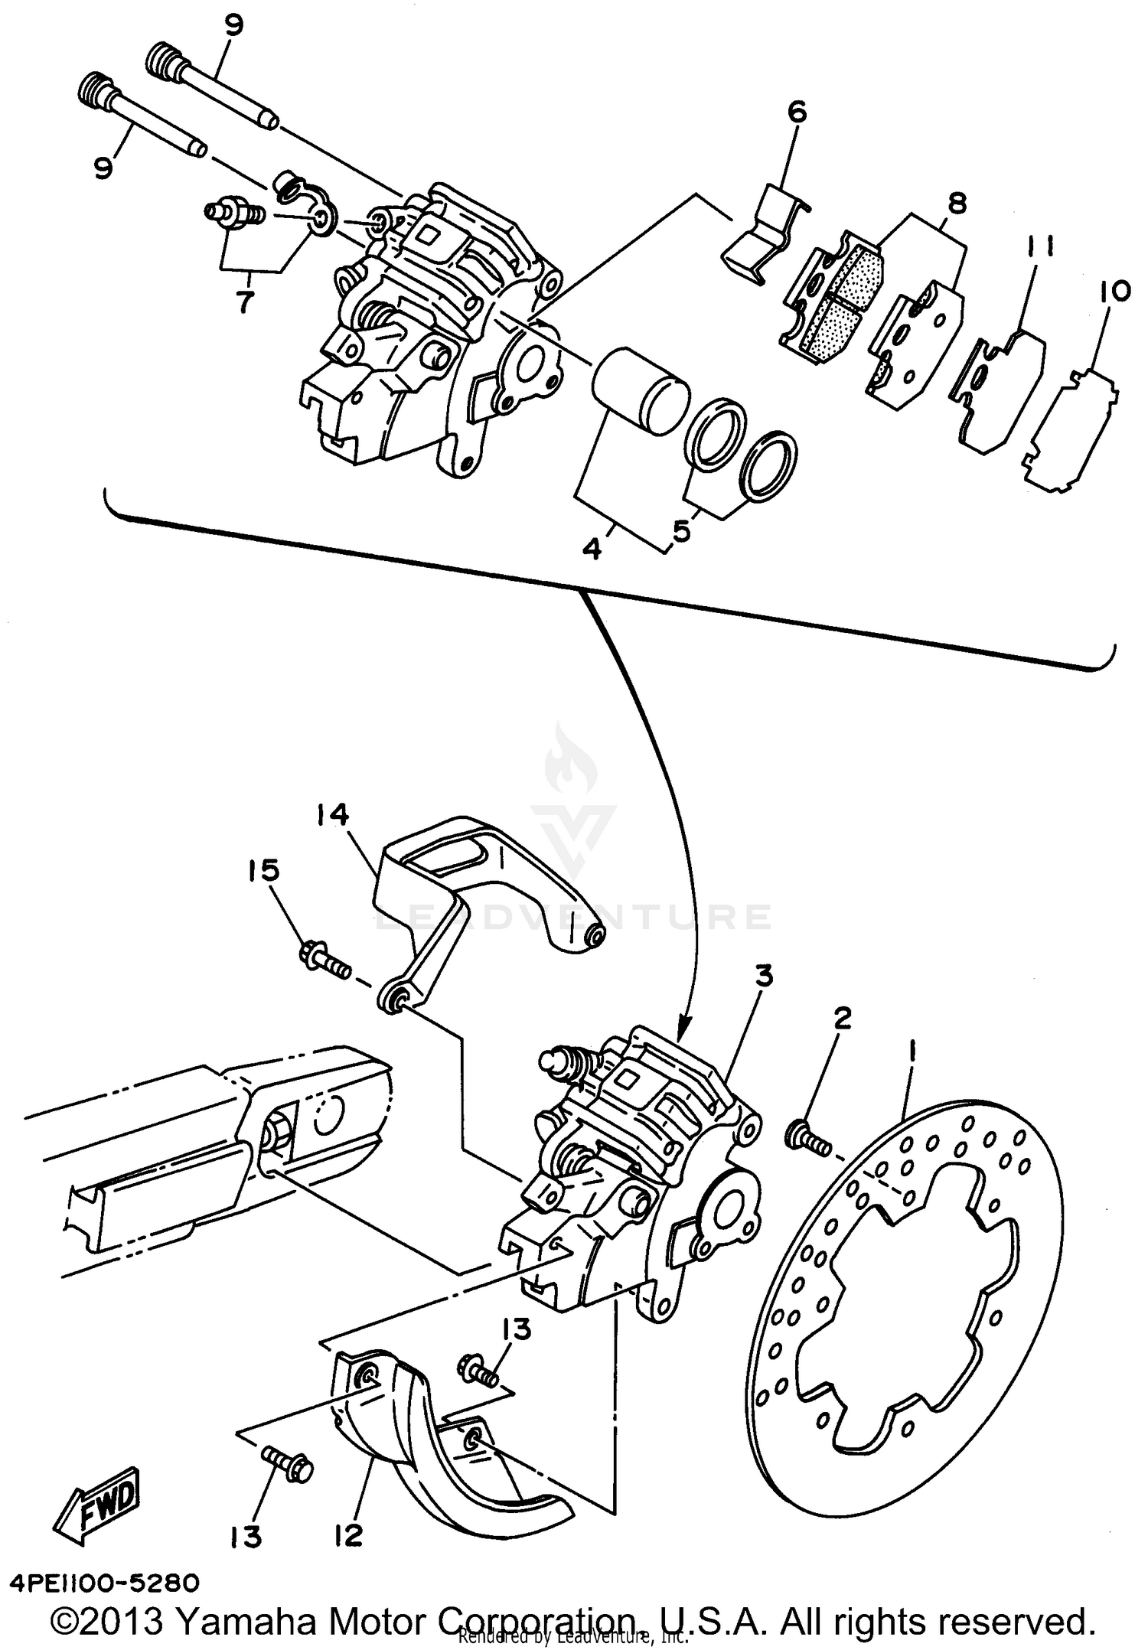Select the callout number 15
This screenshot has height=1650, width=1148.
(x=263, y=871)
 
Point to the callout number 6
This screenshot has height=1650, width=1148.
(x=796, y=112)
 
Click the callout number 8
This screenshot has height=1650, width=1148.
(x=955, y=203)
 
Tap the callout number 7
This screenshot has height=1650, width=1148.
(x=244, y=303)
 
